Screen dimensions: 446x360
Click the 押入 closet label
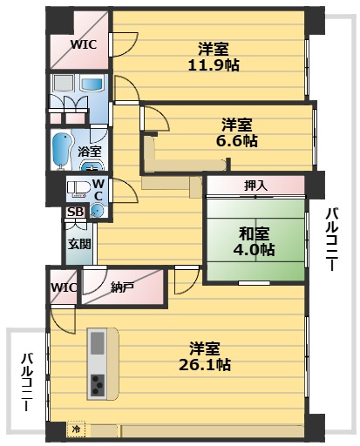255,186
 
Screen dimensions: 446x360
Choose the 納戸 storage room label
122,287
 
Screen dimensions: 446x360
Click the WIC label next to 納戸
64,287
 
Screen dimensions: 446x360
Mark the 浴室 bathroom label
90,152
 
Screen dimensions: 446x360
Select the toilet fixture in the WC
78,189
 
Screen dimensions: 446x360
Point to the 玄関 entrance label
78,244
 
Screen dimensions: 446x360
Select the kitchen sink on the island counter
97,341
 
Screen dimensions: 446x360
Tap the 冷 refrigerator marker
77,429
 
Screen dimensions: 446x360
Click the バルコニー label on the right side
332,240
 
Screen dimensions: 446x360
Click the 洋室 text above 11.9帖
214,47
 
